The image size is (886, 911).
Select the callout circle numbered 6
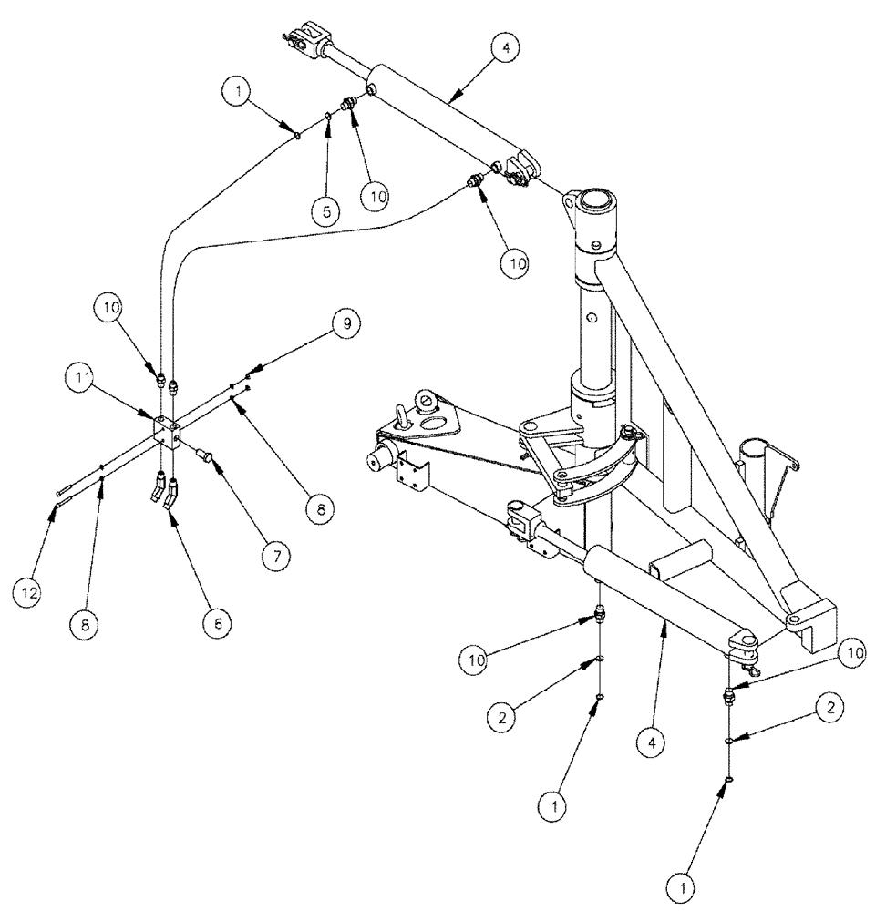pos(217,623)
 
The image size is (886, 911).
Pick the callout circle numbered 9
pos(345,322)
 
